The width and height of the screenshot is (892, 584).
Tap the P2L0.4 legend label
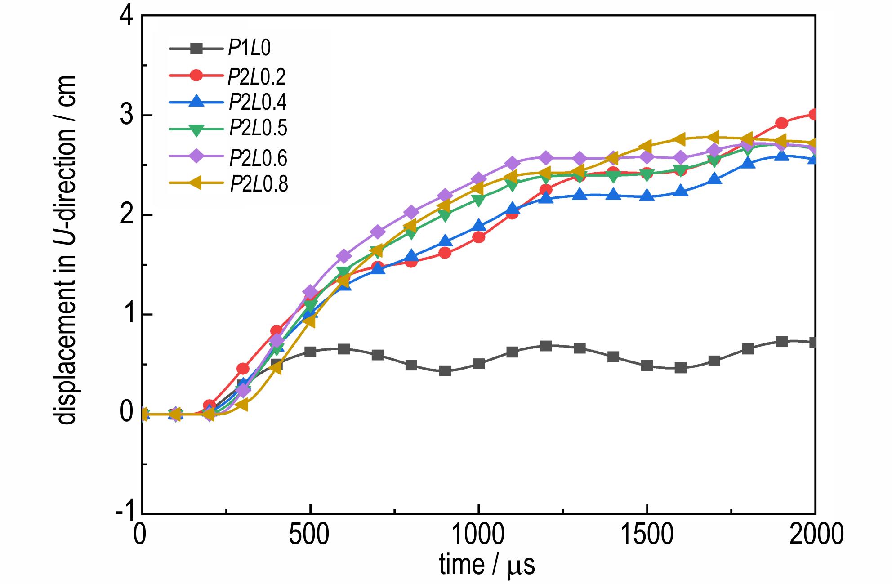coord(258,103)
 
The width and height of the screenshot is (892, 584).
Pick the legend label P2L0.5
coord(258,129)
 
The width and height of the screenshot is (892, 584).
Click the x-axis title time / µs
coord(487,565)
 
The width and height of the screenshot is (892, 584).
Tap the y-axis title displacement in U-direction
coord(66,250)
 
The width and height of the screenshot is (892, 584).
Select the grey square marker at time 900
coord(445,371)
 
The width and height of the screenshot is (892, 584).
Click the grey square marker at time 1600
coord(681,368)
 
